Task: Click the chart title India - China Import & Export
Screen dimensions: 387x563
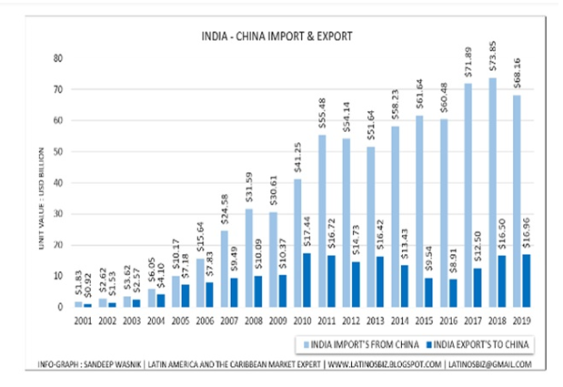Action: tap(275, 37)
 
